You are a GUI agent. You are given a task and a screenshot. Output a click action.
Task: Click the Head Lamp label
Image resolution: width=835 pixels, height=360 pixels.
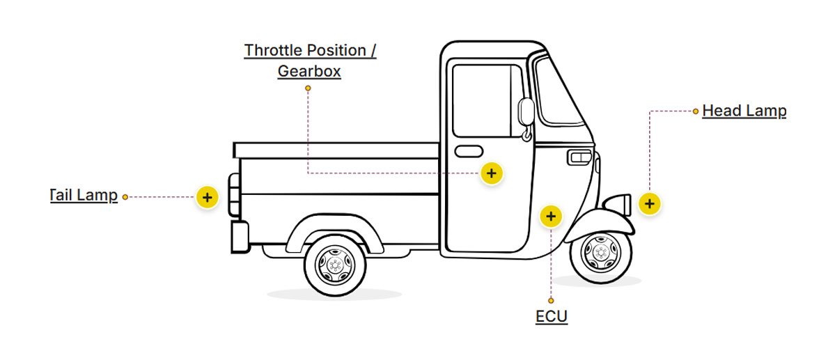point(744,111)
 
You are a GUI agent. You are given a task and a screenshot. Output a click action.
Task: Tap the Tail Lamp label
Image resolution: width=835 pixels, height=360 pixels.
point(84,195)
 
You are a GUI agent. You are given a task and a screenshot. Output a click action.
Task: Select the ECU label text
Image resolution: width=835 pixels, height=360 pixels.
point(552,317)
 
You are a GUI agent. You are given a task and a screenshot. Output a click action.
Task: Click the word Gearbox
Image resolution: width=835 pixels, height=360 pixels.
point(309,71)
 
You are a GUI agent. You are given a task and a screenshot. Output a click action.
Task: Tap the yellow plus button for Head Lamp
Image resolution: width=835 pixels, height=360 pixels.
point(649,203)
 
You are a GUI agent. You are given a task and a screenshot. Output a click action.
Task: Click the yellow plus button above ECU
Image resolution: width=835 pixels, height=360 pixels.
point(551,217)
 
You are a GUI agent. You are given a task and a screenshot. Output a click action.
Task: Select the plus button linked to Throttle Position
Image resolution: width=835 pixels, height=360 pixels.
point(492,173)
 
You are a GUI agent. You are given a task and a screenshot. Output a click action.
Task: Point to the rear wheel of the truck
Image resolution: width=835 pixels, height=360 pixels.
point(335,265)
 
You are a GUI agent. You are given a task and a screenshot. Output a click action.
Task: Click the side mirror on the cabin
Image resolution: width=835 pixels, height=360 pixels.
point(526,112)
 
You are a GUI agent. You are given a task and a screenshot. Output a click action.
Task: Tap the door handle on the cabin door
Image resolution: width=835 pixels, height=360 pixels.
point(469,151)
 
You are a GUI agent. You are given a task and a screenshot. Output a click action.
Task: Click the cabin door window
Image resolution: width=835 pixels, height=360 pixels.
point(487,100)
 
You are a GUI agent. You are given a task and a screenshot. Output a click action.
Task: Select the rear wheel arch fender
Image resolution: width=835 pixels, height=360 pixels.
point(334,223)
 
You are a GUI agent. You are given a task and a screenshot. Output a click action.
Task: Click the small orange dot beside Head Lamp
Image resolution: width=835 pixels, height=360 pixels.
point(696,111)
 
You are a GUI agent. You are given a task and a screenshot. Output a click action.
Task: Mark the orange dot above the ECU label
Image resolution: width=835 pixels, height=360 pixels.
point(551,301)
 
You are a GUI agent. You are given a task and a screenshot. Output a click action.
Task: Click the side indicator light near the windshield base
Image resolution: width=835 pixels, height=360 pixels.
point(579,157)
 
